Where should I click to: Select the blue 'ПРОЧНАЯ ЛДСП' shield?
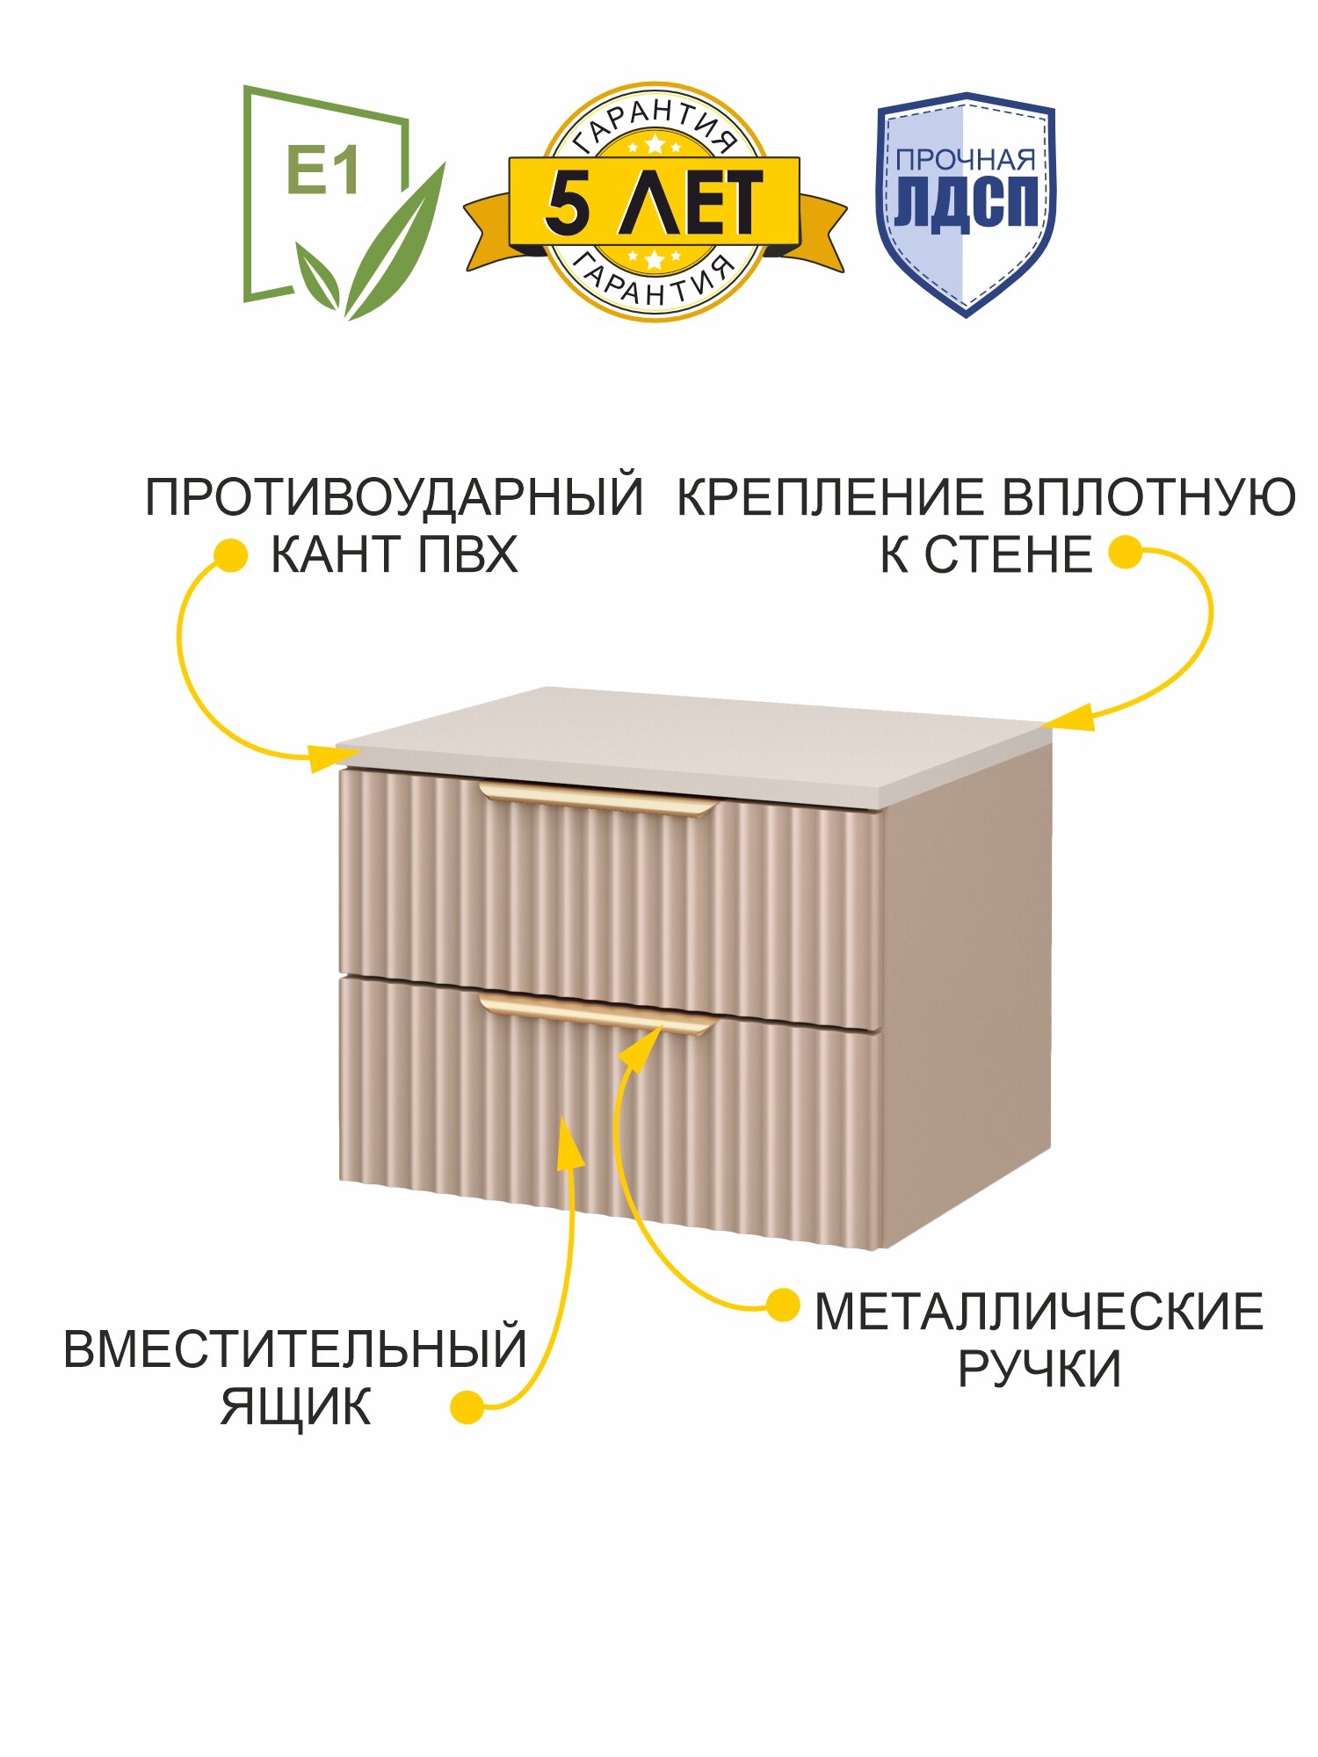coord(966,202)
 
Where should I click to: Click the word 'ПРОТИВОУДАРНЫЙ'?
coord(394,497)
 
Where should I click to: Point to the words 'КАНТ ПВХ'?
coord(394,555)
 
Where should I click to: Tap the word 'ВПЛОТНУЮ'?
coord(1149,497)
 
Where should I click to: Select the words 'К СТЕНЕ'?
coord(986,555)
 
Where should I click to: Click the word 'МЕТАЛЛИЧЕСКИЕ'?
coord(1039,1312)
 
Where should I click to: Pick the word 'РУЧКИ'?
coord(1039,1369)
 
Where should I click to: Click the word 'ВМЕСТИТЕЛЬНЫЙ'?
coord(295,1349)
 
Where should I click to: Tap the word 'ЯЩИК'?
coord(295,1407)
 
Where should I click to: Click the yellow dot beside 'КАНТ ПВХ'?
coord(230,555)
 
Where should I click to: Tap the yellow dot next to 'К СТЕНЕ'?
coord(1125,553)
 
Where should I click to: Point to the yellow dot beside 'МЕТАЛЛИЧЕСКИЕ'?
coord(781,1305)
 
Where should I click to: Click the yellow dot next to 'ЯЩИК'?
coord(467,1406)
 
